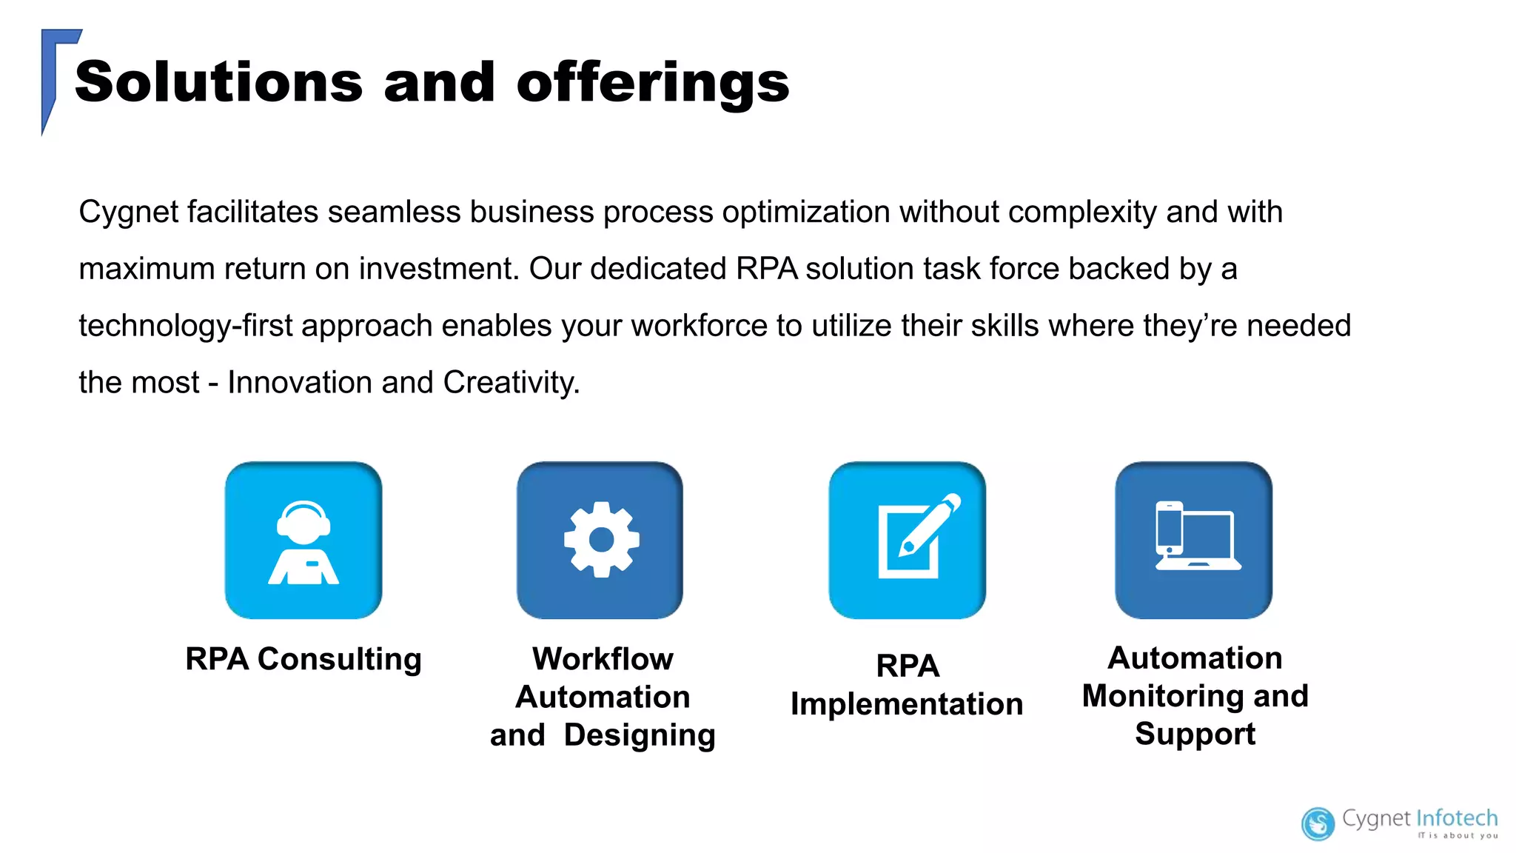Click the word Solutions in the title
click(x=218, y=82)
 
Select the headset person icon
click(x=303, y=542)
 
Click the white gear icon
click(x=600, y=540)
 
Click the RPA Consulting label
click(x=303, y=659)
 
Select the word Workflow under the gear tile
click(x=603, y=659)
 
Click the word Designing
click(x=640, y=735)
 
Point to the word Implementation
click(x=907, y=704)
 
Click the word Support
click(x=1195, y=734)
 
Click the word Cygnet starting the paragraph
click(x=128, y=213)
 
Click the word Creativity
click(x=511, y=383)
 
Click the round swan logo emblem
click(x=1318, y=824)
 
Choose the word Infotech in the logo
click(x=1457, y=818)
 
